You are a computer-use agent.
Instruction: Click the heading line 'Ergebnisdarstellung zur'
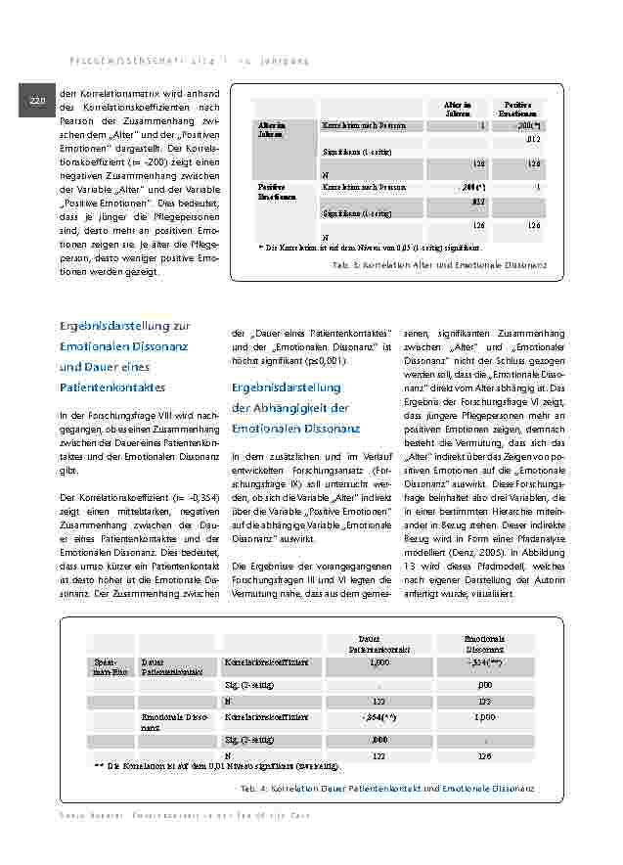click(x=124, y=325)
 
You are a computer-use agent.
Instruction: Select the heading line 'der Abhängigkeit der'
click(x=290, y=408)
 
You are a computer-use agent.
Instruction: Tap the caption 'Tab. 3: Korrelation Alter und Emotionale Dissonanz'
click(x=440, y=265)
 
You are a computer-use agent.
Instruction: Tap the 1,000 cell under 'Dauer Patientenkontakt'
click(x=380, y=662)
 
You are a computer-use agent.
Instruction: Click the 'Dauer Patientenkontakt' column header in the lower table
click(x=375, y=643)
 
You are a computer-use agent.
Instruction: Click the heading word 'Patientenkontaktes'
click(x=112, y=387)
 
